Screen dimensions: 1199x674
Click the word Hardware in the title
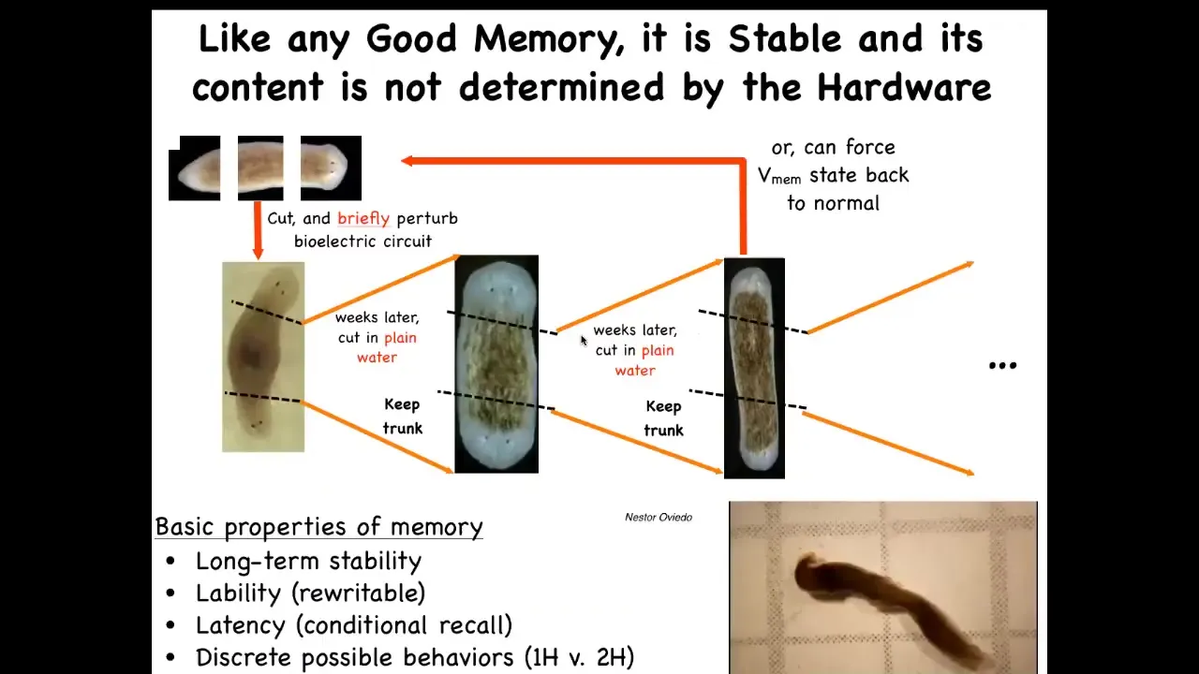click(x=904, y=87)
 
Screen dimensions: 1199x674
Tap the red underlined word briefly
click(x=363, y=219)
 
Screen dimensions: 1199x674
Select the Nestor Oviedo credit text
click(x=659, y=518)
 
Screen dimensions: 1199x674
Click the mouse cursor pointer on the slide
click(x=584, y=341)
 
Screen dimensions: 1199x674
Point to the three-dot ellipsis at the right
click(x=1002, y=366)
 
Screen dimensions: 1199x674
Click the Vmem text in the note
click(x=779, y=177)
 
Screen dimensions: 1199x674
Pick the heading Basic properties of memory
click(x=319, y=527)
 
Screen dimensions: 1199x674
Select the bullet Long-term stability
click(x=308, y=561)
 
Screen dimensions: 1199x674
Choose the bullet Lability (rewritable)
click(x=310, y=593)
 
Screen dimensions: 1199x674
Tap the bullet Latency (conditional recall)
click(x=354, y=625)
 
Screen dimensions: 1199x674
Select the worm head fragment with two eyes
click(x=331, y=168)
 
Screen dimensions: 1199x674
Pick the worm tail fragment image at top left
click(x=194, y=168)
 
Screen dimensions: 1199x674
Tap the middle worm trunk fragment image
click(x=260, y=168)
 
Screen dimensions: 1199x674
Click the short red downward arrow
click(x=258, y=230)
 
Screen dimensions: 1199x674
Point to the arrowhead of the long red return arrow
click(x=407, y=160)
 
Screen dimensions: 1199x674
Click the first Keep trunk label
click(x=403, y=417)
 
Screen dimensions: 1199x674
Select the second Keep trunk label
click(x=664, y=418)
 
